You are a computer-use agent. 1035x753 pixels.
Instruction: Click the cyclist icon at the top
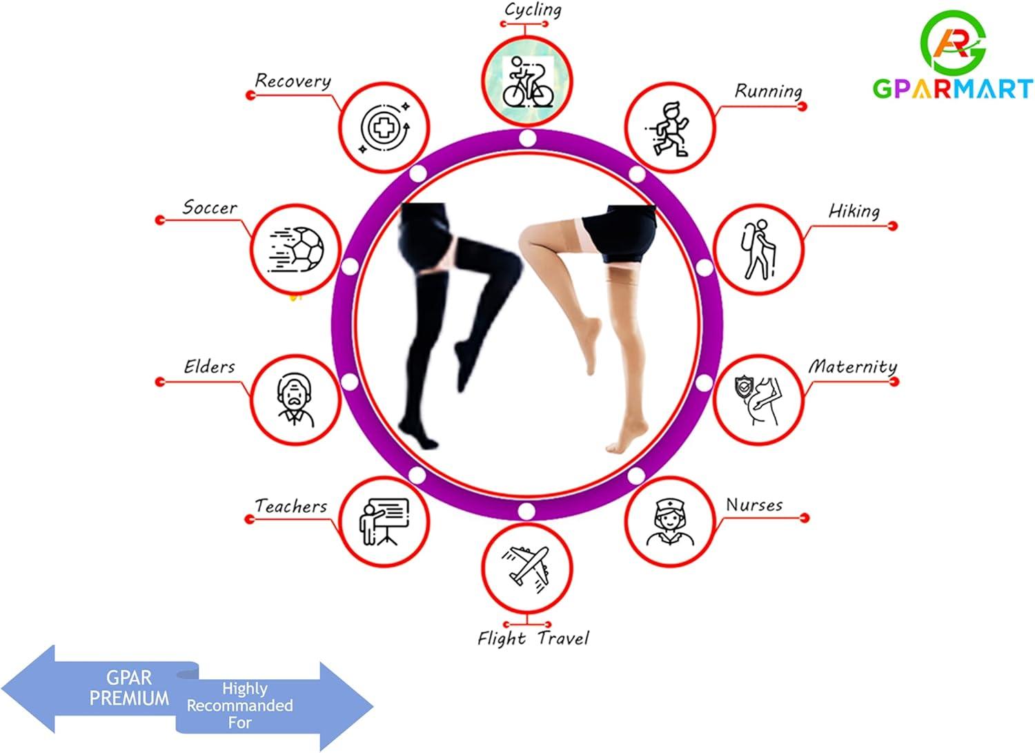(527, 82)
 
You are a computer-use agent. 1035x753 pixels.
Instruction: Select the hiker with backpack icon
(758, 249)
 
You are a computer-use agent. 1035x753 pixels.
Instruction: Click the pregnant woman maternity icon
(758, 400)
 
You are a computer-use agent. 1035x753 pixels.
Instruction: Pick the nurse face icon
(669, 522)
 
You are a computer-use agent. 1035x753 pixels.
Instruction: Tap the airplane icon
(527, 569)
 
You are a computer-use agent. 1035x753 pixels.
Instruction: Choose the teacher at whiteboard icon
(384, 521)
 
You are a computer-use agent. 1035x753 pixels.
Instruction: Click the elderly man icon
(296, 400)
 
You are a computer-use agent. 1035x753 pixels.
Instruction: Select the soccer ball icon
(296, 250)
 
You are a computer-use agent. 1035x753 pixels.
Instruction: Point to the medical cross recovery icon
(384, 128)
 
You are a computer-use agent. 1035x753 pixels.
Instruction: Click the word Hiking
(854, 211)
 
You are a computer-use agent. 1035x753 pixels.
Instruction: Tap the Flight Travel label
(533, 638)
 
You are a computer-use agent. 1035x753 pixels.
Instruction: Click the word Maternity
(852, 366)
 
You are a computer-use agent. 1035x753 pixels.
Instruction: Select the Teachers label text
(291, 506)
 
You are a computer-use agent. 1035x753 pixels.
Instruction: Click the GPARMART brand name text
(952, 89)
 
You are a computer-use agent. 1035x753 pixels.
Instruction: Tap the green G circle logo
(954, 41)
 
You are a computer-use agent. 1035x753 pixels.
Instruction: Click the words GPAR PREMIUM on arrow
(129, 688)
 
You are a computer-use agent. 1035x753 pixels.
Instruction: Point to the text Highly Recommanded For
(240, 705)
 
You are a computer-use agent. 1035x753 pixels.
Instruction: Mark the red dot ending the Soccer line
(160, 219)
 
